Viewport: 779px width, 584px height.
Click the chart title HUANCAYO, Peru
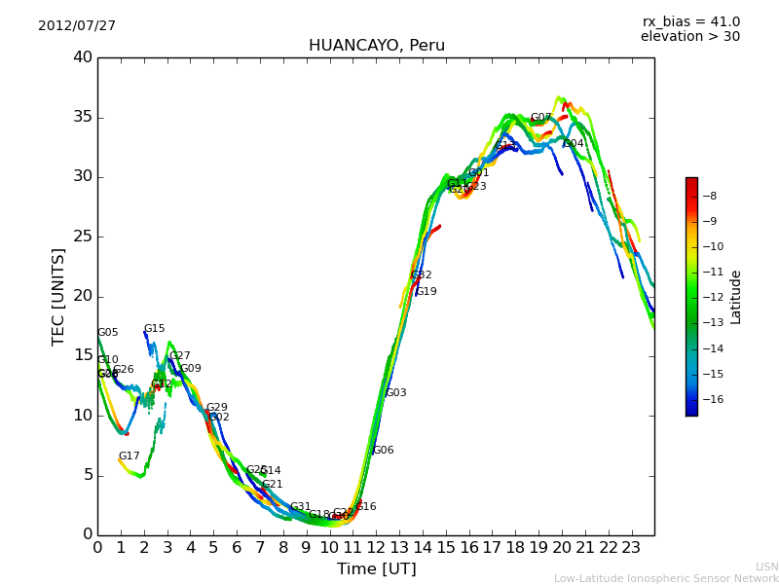376,46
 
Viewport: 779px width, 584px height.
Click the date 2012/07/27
77,26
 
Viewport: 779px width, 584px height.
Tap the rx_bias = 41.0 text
690,22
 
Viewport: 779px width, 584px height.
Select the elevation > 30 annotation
689,37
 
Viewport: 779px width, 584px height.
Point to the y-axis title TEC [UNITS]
58,296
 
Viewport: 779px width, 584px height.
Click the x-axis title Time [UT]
376,568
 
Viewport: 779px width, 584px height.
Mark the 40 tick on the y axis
83,57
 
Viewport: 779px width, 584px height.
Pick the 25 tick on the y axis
83,237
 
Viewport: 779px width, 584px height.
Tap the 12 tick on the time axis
376,547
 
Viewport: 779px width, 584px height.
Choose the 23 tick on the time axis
631,547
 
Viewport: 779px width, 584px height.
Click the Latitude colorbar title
736,297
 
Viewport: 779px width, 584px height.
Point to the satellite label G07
540,118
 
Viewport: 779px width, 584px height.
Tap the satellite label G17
130,456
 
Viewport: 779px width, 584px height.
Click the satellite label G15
155,329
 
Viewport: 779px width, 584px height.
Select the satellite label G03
396,393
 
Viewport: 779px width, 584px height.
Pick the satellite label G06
384,451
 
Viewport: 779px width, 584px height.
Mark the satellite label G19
427,292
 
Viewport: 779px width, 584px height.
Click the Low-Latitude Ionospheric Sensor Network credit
666,578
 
